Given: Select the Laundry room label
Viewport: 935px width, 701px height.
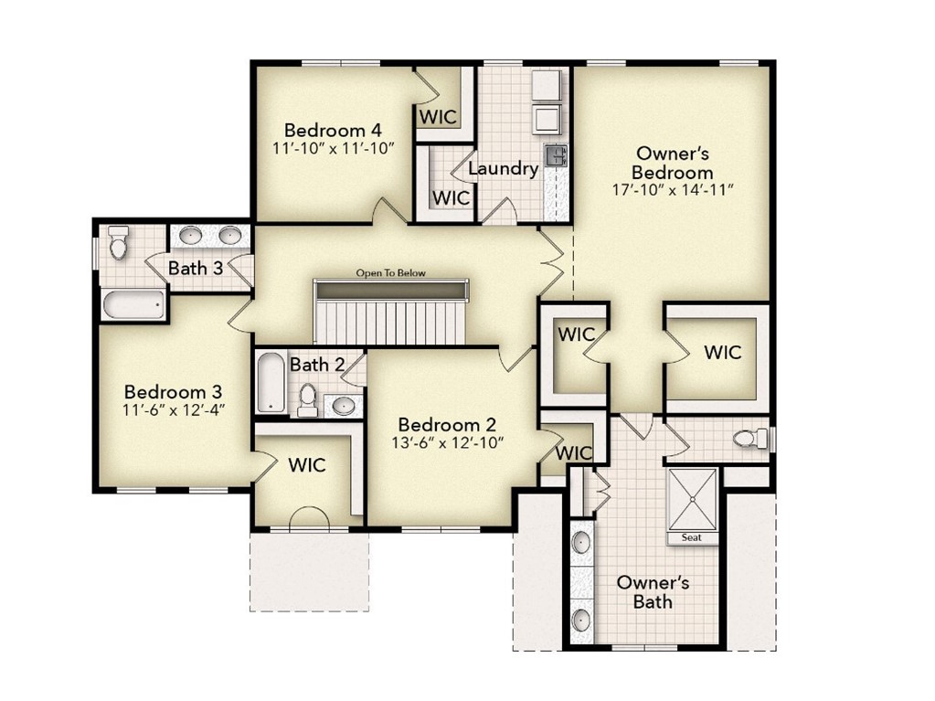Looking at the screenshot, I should (503, 169).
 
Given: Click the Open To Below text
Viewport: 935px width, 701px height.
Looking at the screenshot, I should (391, 272).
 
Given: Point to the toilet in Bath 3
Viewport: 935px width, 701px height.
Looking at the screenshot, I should (118, 244).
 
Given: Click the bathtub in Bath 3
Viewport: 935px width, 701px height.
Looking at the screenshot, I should (133, 304).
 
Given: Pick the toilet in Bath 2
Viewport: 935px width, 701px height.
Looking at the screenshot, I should (308, 398).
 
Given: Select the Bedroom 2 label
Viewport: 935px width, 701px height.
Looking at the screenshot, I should (447, 425).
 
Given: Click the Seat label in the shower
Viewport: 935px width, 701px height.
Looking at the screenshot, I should (692, 537).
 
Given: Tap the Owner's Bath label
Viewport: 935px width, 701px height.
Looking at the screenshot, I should (653, 591).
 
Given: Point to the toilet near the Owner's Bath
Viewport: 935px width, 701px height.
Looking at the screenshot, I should (749, 440).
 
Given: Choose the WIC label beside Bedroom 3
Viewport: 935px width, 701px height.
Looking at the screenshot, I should (307, 464).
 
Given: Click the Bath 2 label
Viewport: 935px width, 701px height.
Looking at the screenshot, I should (317, 365).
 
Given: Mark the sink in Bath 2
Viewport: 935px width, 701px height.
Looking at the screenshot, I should (344, 405).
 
